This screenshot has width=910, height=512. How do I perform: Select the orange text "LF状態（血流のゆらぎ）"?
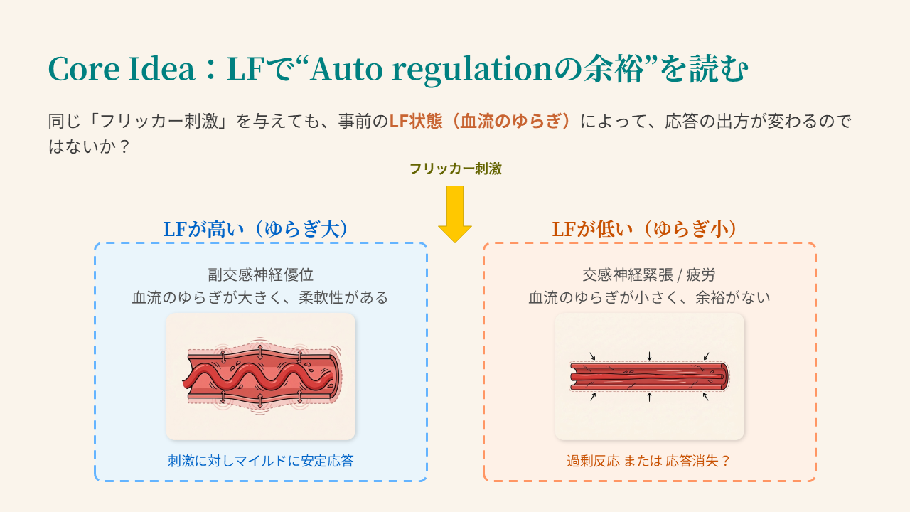tap(483, 121)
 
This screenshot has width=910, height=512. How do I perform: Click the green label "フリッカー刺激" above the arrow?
tap(455, 169)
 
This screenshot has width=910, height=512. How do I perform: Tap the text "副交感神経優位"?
tap(260, 274)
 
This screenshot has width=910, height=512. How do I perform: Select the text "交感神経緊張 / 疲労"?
tap(649, 274)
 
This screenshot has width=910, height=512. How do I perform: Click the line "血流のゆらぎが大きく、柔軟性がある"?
tap(260, 297)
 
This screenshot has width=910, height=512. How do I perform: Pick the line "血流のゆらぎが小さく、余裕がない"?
tap(649, 297)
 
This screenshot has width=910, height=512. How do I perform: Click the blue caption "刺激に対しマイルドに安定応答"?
tap(260, 461)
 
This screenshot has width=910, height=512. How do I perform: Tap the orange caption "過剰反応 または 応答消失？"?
tap(649, 461)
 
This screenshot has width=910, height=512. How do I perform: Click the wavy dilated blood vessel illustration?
tap(260, 376)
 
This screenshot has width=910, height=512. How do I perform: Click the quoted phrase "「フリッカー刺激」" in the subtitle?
tap(142, 121)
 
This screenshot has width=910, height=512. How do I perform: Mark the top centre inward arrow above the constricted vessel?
tap(649, 356)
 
